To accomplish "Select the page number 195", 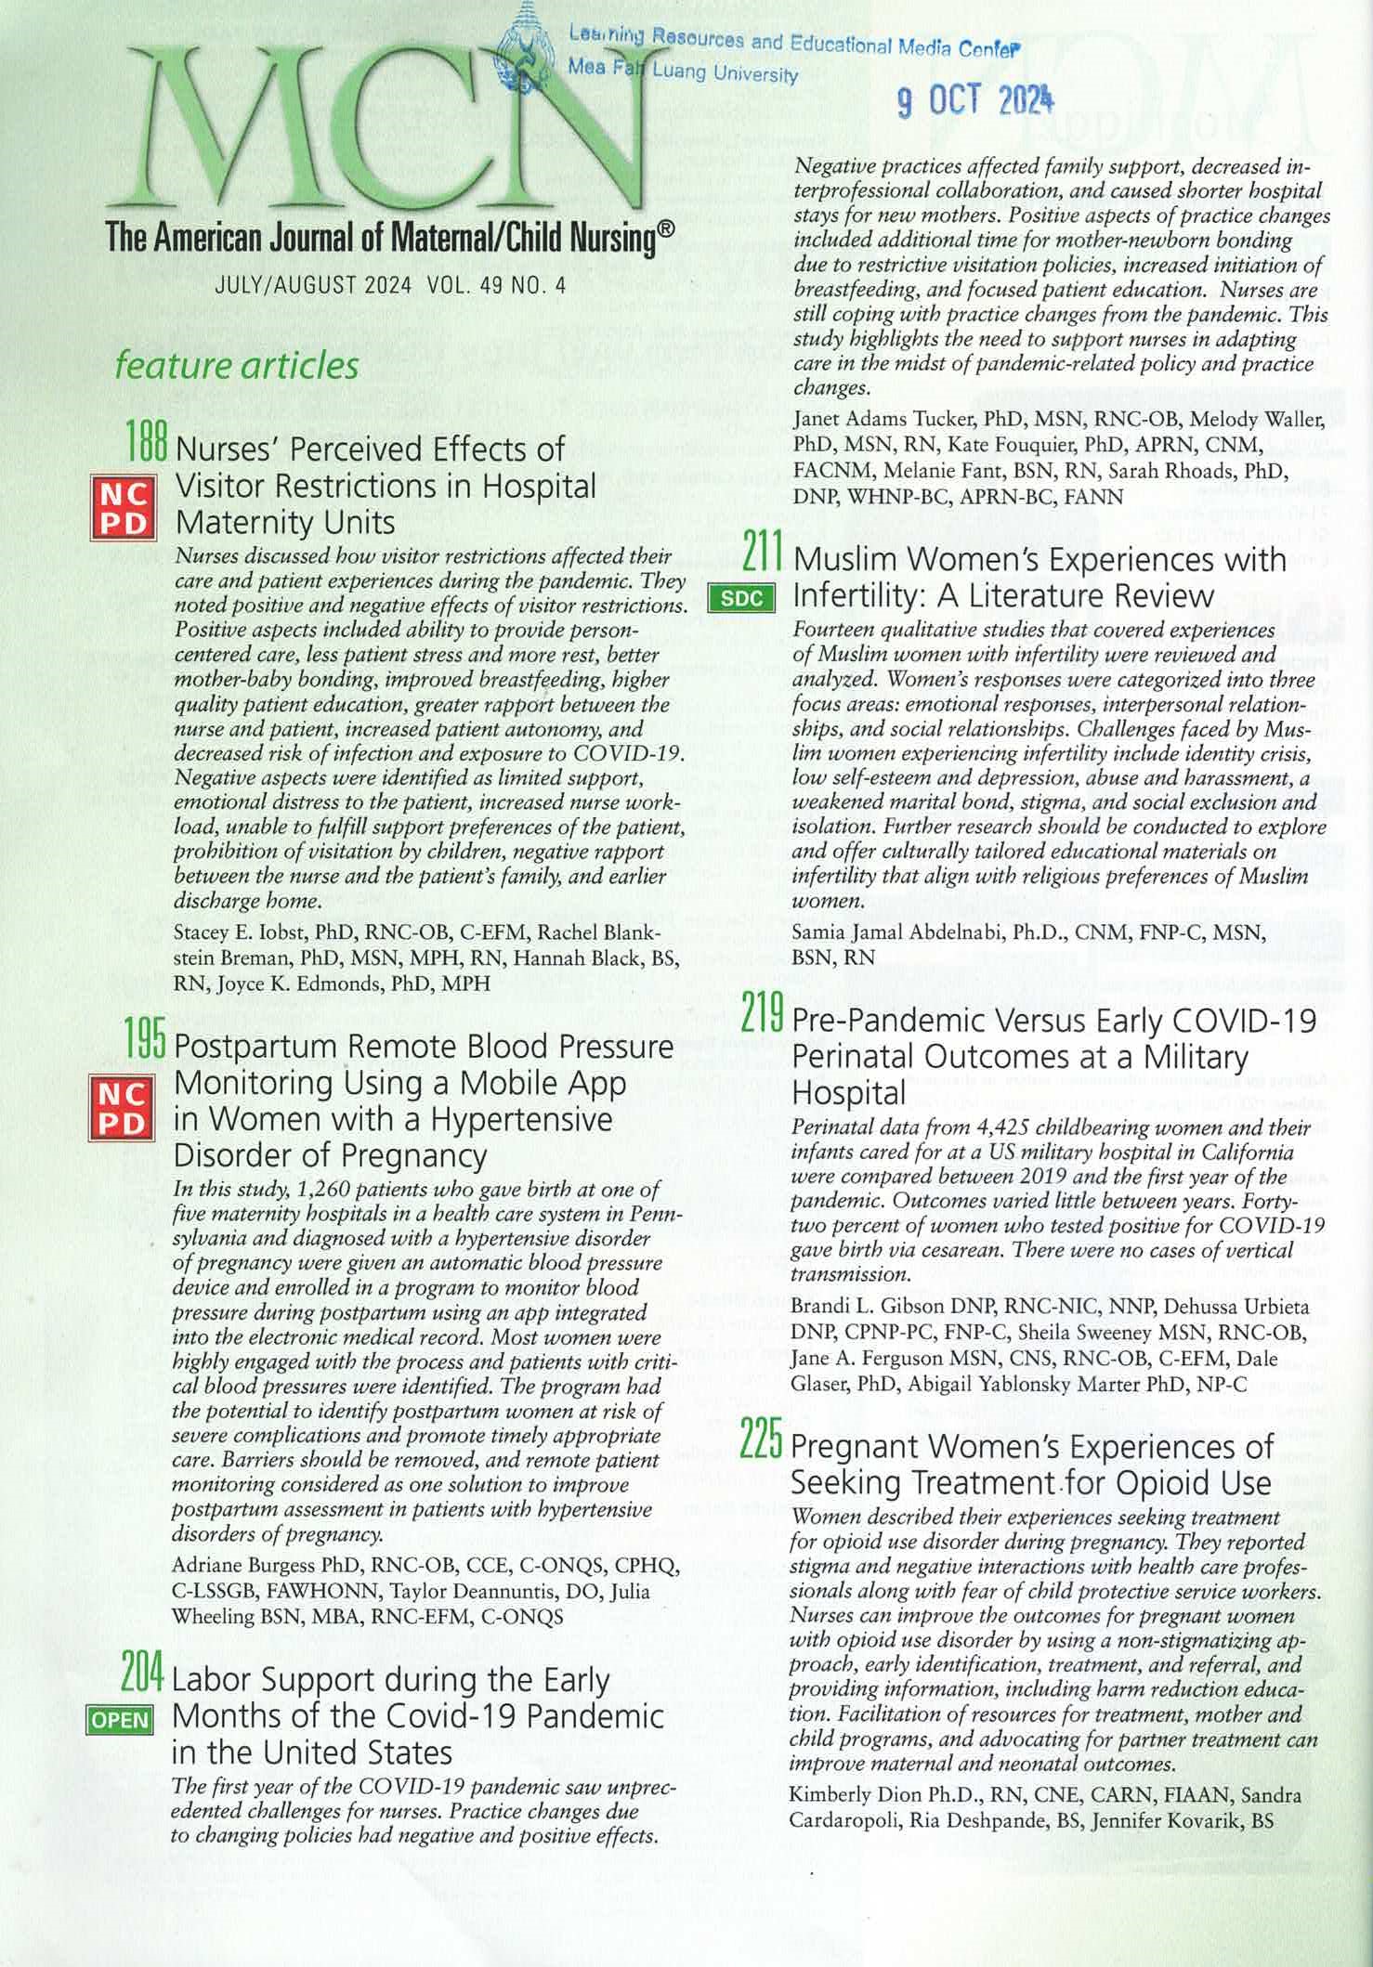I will coord(147,1045).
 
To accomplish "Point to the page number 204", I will coord(143,1675).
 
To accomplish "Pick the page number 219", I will coord(765,1018).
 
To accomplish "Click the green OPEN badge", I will coord(118,1719).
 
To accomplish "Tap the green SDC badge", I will coord(740,599).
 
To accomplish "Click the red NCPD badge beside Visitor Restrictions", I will coord(123,507).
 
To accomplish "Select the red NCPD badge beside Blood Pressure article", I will coord(123,1106).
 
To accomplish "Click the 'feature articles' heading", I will coord(236,366).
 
